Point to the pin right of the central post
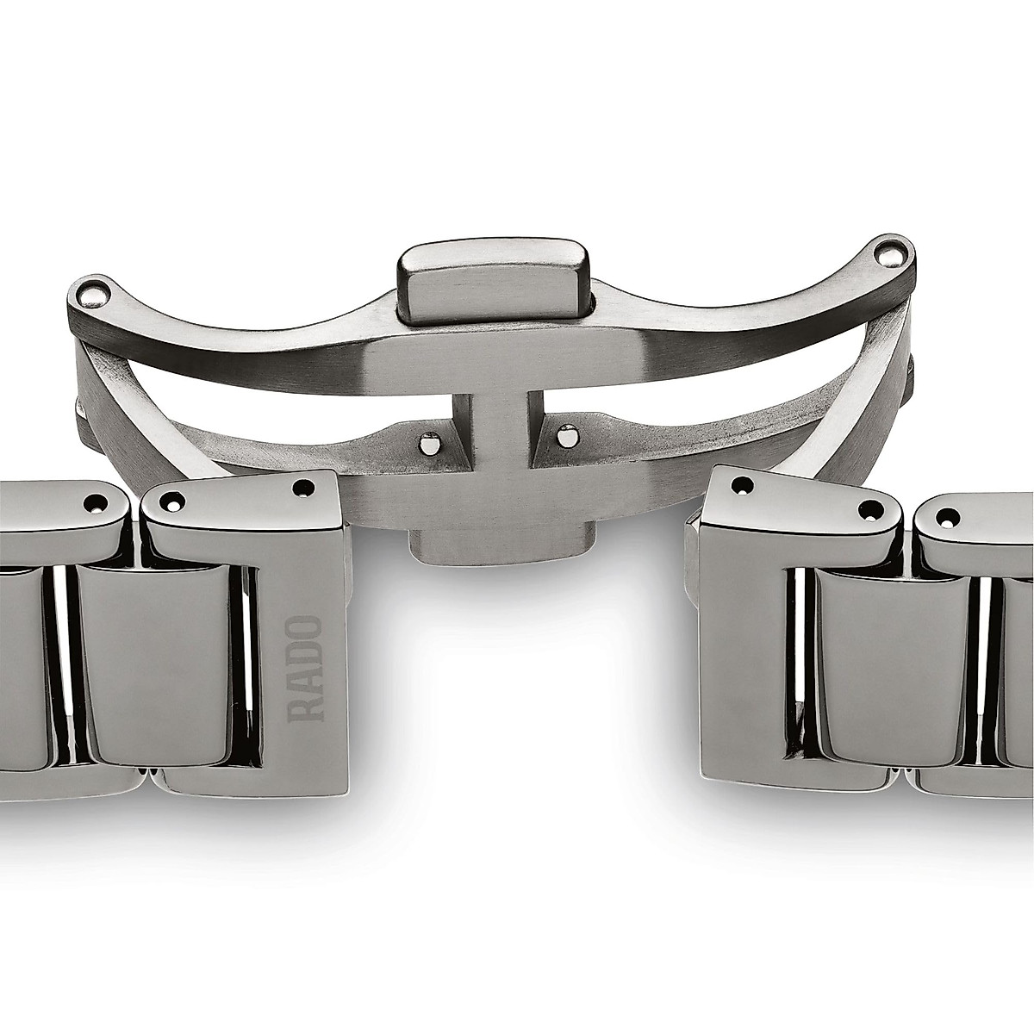click(x=565, y=437)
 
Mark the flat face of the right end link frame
click(x=741, y=655)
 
